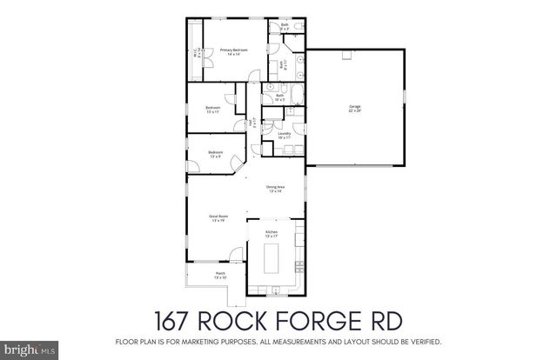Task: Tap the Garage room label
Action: [355, 109]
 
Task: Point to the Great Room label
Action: [218, 218]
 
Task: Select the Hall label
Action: [253, 123]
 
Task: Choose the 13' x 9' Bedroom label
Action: [216, 155]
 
